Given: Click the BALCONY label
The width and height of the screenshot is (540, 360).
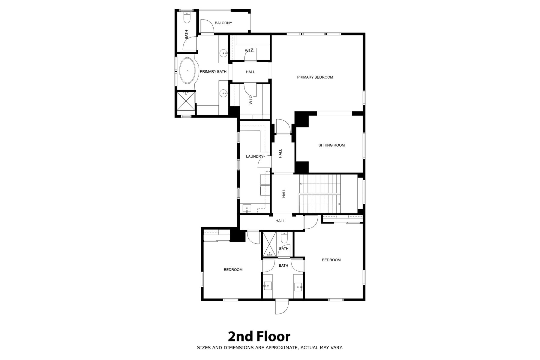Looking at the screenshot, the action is tap(223, 23).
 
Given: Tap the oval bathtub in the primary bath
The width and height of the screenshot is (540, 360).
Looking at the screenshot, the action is tap(187, 71).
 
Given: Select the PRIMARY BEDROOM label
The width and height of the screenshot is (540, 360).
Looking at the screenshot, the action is tap(315, 77).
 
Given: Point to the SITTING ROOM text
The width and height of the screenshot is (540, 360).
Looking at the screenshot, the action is tap(331, 145).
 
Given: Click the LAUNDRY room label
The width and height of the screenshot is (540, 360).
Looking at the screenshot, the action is tap(254, 156).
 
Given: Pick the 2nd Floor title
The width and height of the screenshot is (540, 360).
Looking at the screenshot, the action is tap(259, 337).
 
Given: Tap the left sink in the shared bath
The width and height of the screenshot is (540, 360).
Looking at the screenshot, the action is tap(268, 286).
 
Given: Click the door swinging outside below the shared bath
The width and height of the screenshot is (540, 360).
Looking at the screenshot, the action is tap(282, 307).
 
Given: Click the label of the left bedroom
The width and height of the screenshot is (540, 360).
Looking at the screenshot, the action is tap(233, 270).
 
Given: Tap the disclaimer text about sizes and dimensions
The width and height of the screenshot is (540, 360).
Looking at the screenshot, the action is tap(270, 348).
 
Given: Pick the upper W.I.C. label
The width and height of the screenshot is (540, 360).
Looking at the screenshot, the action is tap(250, 51).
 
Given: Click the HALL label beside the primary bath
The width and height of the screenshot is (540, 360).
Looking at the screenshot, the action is tap(250, 72).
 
